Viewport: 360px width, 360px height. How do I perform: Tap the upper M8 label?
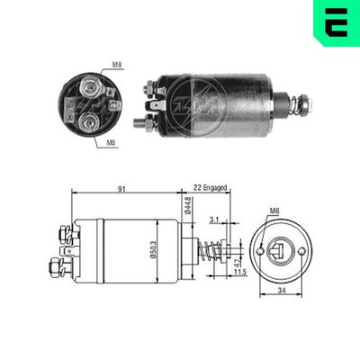pos(118,65)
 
